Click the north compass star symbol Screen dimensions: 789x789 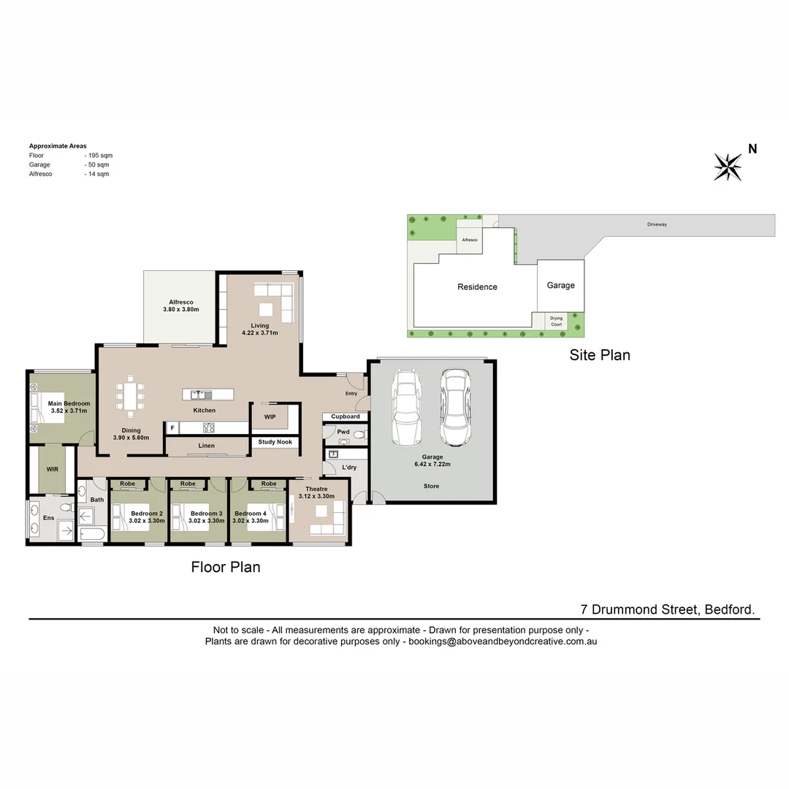point(728,167)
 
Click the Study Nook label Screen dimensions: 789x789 point(275,442)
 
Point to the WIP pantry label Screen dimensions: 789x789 point(270,416)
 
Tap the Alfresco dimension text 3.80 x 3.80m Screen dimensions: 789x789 point(180,310)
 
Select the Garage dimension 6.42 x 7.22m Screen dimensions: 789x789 point(431,464)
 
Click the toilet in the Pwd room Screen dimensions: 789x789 point(357,436)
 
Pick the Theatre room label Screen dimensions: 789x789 point(316,489)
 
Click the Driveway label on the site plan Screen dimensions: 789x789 point(657,224)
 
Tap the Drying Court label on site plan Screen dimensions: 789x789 point(557,321)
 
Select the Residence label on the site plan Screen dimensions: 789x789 point(477,287)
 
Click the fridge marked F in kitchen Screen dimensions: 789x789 point(172,428)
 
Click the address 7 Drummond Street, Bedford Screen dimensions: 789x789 point(668,609)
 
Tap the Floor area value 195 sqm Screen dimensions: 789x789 point(98,156)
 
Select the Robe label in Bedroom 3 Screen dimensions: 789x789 point(188,484)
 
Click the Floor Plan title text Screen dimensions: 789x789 point(226,567)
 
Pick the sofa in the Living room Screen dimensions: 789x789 point(275,301)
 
